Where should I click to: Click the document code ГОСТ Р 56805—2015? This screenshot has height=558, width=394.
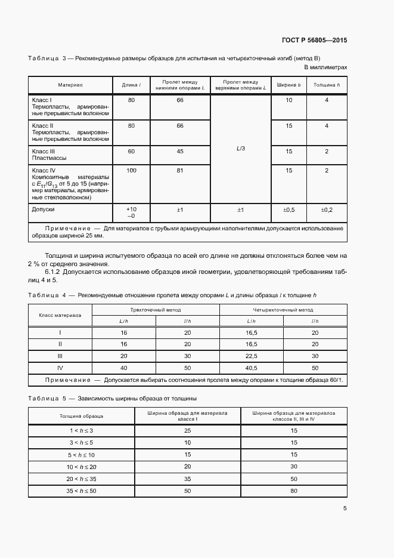tap(314, 41)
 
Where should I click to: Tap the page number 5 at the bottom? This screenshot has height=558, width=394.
tap(345, 509)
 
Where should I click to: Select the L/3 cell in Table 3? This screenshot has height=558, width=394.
tap(240, 148)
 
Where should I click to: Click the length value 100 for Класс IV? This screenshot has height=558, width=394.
tap(131, 171)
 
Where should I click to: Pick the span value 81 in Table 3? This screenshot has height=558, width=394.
tap(180, 171)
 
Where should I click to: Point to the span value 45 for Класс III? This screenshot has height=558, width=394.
tap(180, 152)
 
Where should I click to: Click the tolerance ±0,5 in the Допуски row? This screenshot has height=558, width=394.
tap(288, 210)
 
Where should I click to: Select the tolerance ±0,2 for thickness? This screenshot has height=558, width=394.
tap(327, 210)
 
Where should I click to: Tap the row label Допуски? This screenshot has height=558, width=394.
tap(43, 210)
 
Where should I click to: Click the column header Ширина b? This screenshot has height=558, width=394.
tap(288, 85)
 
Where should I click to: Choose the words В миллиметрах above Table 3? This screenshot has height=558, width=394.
tap(325, 68)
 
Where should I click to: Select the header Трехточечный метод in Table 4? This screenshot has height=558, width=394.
tap(156, 310)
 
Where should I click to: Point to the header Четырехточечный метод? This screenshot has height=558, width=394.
tap(284, 310)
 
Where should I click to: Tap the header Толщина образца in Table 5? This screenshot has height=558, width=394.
tap(81, 415)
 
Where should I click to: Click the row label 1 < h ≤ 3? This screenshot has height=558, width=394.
tap(81, 430)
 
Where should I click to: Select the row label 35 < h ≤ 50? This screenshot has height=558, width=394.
tap(81, 490)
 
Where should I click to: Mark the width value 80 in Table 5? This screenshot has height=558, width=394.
tap(294, 490)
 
